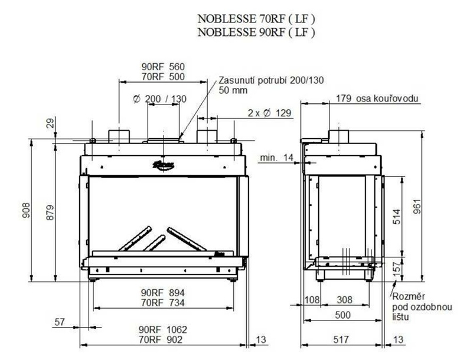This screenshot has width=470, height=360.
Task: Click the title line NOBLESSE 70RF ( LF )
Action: (256, 21)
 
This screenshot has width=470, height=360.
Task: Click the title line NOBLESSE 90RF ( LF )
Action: (256, 32)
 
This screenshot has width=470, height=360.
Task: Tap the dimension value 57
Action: (59, 322)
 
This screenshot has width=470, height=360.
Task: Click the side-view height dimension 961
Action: (430, 204)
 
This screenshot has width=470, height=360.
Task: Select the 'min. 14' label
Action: (276, 158)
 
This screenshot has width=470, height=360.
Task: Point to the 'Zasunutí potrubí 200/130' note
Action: (271, 80)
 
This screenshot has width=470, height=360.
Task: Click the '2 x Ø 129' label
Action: (271, 113)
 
